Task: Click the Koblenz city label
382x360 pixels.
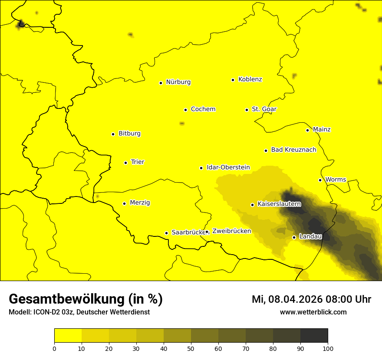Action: click(250, 79)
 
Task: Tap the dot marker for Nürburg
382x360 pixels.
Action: click(161, 82)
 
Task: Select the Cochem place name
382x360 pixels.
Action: click(203, 109)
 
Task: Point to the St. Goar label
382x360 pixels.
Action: click(264, 109)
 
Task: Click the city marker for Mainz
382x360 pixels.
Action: click(307, 130)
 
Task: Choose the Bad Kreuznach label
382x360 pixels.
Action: click(293, 150)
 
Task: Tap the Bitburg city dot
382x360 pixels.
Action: click(113, 134)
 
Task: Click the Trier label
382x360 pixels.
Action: click(137, 162)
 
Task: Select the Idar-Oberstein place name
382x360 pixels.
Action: click(228, 167)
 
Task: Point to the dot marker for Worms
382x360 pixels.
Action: click(320, 180)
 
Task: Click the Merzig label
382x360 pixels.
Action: click(140, 203)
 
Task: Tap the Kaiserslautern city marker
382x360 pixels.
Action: click(252, 205)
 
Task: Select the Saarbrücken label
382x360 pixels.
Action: click(188, 232)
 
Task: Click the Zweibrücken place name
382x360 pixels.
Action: click(231, 231)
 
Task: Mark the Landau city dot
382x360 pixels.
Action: click(294, 237)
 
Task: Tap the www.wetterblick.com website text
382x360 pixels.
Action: click(313, 312)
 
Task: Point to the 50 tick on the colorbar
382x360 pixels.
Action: click(191, 348)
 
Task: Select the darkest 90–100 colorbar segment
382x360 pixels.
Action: click(314, 336)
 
